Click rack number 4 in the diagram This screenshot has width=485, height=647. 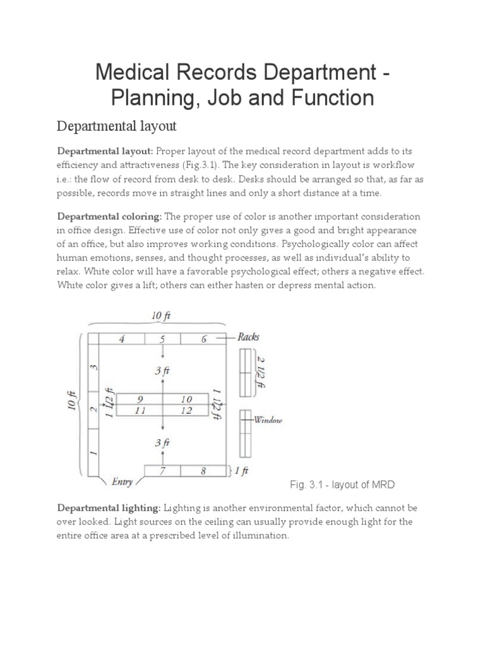(x=123, y=339)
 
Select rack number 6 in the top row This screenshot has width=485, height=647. (x=203, y=339)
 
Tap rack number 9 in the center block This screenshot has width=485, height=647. (x=140, y=399)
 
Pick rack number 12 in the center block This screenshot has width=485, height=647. (x=186, y=411)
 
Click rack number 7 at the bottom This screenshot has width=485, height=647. (x=162, y=470)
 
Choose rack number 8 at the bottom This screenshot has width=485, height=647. (x=203, y=470)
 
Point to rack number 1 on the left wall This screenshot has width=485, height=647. (x=93, y=452)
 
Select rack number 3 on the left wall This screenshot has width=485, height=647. (x=93, y=367)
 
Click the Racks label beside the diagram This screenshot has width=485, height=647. (x=248, y=337)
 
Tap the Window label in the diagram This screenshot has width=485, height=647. (x=268, y=420)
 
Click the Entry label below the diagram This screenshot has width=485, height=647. (x=122, y=482)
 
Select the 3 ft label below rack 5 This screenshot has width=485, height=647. (x=163, y=372)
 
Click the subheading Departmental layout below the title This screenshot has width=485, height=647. (x=117, y=126)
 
